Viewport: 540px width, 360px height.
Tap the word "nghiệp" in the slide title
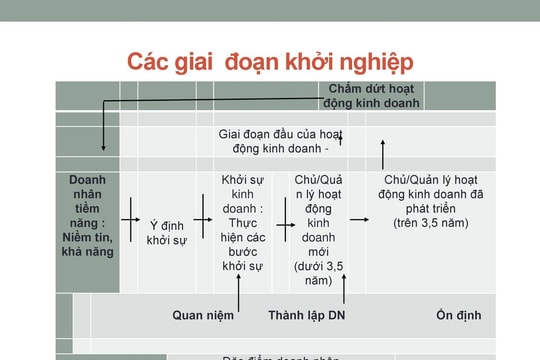pos(371,61)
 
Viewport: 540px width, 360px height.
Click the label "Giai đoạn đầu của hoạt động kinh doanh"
pos(281,141)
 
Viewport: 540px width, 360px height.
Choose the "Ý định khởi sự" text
pos(168,232)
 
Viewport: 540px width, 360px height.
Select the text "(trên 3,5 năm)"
pos(431,222)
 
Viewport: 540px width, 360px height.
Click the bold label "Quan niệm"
pos(203,315)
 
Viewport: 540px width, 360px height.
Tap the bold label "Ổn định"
pos(458,315)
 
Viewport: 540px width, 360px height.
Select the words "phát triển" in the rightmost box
pos(431,208)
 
